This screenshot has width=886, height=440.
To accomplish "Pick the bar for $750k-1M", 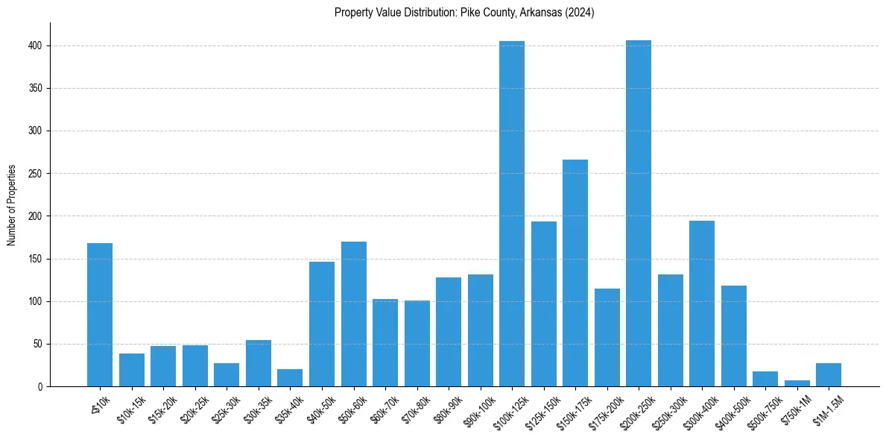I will [x=797, y=383].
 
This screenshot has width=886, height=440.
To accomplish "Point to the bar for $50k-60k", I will [x=353, y=314].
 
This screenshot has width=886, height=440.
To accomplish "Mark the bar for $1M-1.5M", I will [x=829, y=375].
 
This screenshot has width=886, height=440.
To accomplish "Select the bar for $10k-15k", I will [x=131, y=370].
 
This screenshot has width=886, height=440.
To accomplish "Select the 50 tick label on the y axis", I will [x=40, y=345].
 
